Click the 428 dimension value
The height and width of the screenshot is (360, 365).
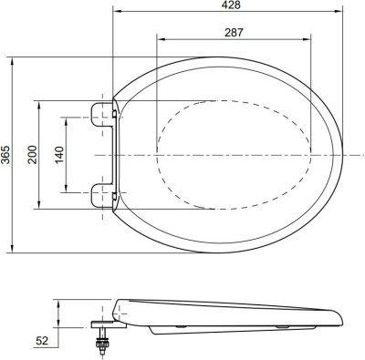(x=231, y=5)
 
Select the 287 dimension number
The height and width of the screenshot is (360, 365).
(x=234, y=33)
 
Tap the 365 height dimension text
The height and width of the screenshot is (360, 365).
(x=5, y=155)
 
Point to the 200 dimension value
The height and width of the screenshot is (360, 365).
(x=33, y=155)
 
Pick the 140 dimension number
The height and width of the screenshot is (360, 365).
(x=59, y=155)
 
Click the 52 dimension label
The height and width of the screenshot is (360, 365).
(x=42, y=341)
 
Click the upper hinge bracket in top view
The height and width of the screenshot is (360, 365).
(x=103, y=114)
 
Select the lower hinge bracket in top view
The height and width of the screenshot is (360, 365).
(x=103, y=195)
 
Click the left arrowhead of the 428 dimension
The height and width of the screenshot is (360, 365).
(x=117, y=12)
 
